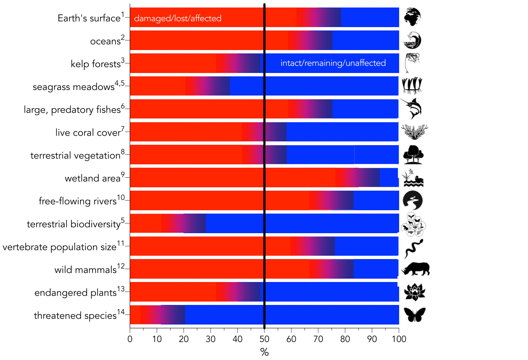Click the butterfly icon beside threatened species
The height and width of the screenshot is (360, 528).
[x=415, y=315]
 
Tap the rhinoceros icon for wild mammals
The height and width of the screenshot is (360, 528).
[x=415, y=269]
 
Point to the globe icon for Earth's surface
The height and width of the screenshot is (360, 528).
[x=412, y=18]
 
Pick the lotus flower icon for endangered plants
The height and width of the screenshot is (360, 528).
[x=415, y=292]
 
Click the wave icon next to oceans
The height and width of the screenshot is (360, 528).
[x=412, y=40]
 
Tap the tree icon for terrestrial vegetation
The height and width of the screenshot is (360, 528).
[x=413, y=155]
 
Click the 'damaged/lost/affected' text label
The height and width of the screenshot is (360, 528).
[x=177, y=18]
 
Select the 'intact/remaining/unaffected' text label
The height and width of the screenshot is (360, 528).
[x=333, y=63]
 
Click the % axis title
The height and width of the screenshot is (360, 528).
[x=264, y=352]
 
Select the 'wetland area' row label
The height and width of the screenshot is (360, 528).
[x=92, y=179]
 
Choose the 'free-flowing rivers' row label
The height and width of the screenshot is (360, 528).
[x=77, y=201]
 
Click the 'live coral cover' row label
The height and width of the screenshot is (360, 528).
[x=88, y=133]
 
